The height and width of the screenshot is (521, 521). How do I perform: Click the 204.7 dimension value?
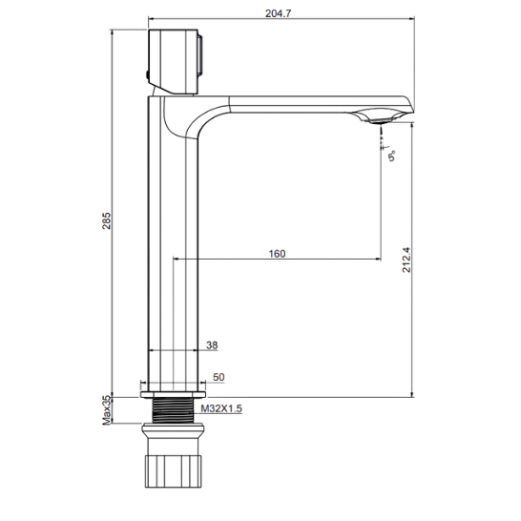pos(278,13)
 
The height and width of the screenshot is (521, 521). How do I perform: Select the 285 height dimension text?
pos(106,220)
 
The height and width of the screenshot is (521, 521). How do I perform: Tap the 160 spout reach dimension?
pos(277,254)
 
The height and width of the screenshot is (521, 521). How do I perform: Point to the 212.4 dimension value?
pos(406,260)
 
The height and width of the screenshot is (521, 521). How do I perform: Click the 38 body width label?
pos(212,345)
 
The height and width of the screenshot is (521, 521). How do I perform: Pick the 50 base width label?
pos(219,377)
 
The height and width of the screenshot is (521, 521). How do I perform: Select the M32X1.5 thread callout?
pos(221,408)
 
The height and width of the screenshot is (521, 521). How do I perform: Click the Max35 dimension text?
pos(106,409)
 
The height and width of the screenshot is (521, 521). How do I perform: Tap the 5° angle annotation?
pos(392,156)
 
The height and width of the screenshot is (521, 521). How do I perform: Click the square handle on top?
pos(173,61)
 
